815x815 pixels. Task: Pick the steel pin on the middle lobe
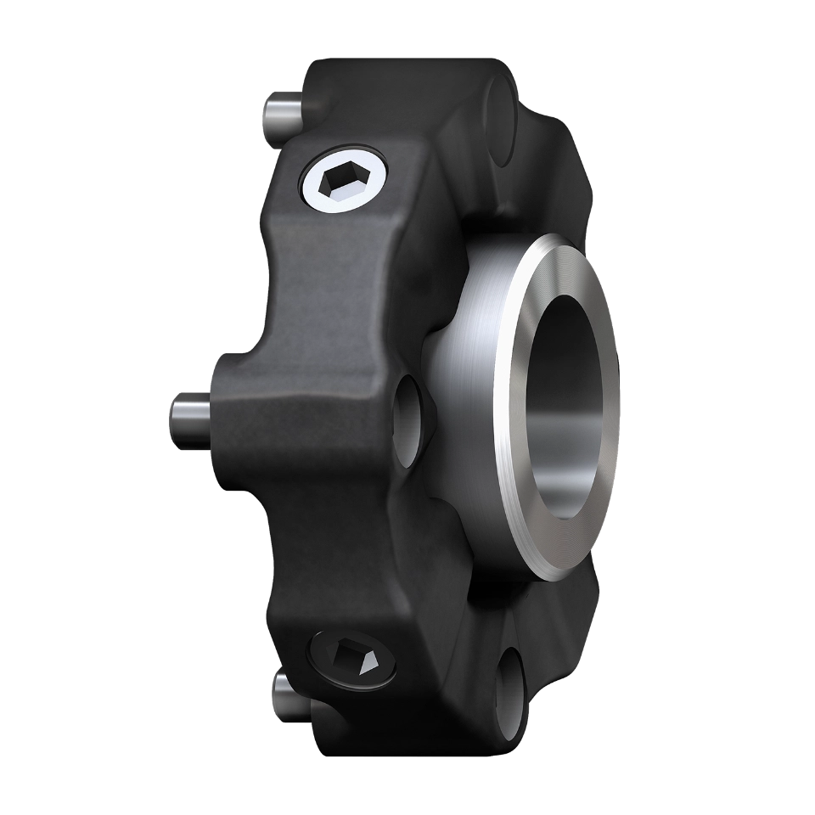tap(192, 416)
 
